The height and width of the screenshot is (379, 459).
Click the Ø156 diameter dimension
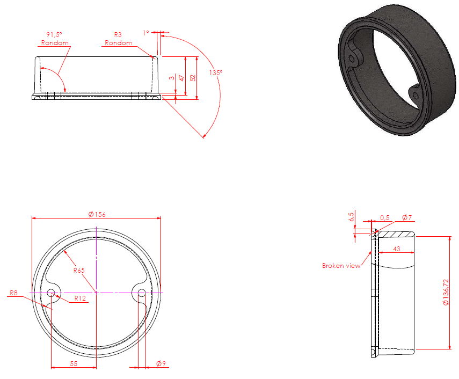click(x=97, y=214)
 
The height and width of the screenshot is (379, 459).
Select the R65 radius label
click(x=79, y=270)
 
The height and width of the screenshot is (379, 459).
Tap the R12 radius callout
click(x=81, y=297)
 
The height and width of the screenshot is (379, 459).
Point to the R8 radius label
click(x=14, y=293)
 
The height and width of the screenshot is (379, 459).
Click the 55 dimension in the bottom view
click(x=74, y=363)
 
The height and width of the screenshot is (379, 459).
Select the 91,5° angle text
click(x=56, y=36)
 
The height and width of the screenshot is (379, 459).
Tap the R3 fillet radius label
click(x=118, y=36)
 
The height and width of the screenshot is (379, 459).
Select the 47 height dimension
click(x=181, y=77)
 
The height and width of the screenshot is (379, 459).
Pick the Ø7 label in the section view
click(x=406, y=217)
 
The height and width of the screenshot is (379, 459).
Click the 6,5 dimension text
click(x=352, y=217)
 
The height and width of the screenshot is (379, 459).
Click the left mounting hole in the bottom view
click(x=52, y=293)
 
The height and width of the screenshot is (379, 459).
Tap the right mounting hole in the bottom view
click(x=142, y=293)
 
